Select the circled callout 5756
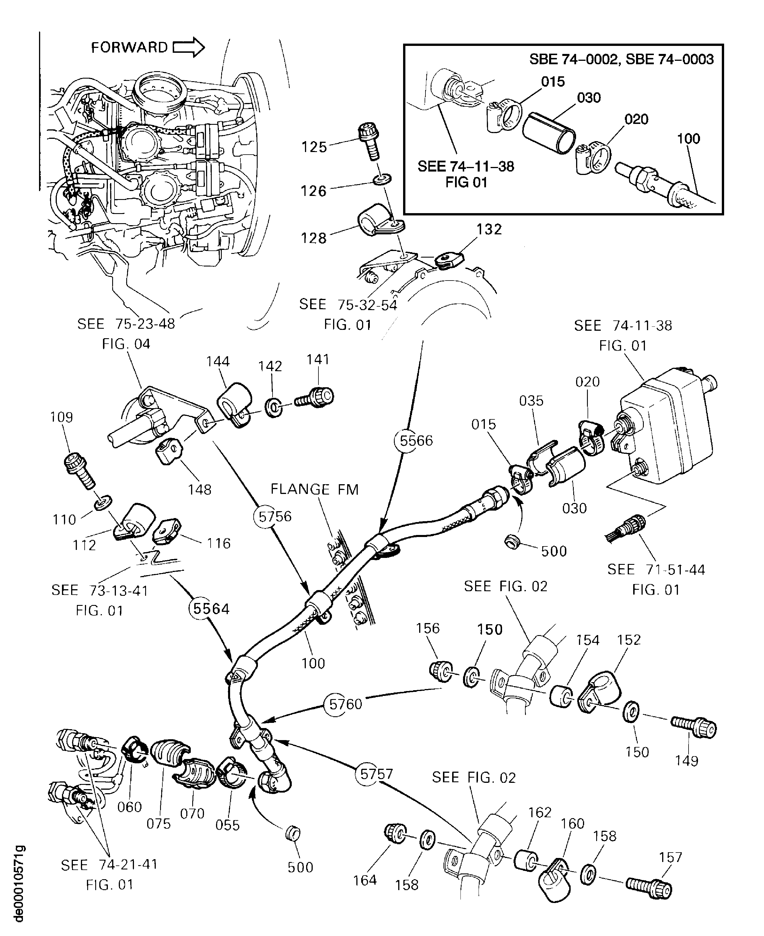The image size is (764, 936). click(275, 516)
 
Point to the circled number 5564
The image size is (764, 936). click(211, 609)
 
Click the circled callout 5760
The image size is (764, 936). click(345, 704)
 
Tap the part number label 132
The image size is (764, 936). click(489, 229)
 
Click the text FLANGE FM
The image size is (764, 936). click(314, 489)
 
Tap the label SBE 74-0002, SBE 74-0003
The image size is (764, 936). click(621, 59)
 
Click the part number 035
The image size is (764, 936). click(531, 401)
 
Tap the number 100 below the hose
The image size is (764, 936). click(313, 663)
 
